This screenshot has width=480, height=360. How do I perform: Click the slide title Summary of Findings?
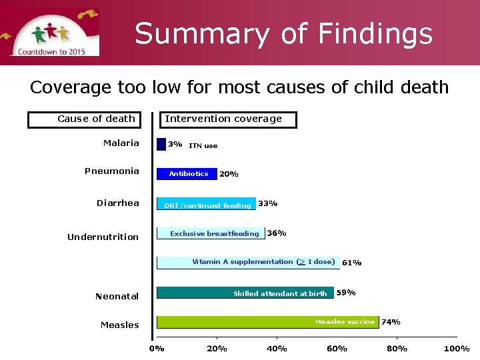[283, 33]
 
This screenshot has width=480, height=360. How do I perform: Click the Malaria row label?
[121, 143]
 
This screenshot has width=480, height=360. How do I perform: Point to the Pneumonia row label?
[112, 171]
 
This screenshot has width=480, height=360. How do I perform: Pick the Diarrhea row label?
[118, 203]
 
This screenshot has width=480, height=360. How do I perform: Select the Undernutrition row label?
[103, 237]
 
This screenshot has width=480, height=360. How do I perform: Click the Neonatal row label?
[117, 296]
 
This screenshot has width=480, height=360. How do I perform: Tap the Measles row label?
[120, 325]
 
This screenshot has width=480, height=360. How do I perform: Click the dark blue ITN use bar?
[161, 144]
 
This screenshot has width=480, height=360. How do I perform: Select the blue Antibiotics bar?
[187, 174]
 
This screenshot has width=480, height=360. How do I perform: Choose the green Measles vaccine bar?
[267, 322]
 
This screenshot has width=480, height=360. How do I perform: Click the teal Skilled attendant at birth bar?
[245, 293]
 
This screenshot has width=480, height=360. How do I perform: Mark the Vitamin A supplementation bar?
[247, 262]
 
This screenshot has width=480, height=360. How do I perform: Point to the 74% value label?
[391, 322]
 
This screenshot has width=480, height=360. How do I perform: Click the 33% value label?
[268, 203]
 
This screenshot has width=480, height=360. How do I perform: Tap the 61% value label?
[351, 263]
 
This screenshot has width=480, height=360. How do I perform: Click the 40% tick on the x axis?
[277, 349]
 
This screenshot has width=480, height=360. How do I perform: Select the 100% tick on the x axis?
[457, 349]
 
